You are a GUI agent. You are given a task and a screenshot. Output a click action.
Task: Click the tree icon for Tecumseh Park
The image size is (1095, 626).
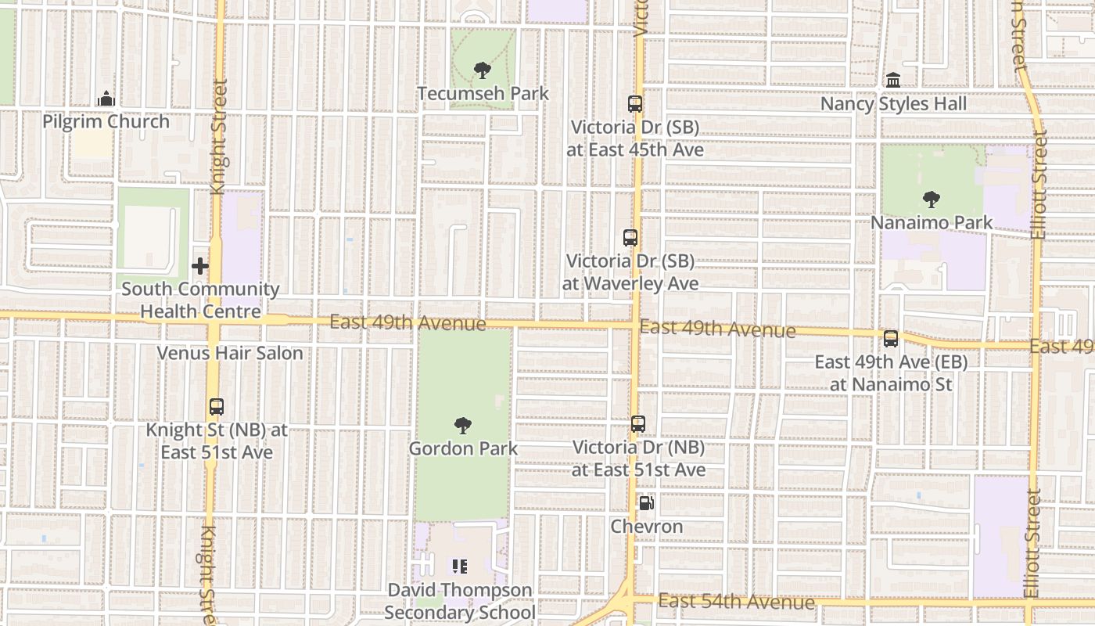[x=483, y=70]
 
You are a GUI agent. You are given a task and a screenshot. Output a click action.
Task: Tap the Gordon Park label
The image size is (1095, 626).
[x=463, y=449]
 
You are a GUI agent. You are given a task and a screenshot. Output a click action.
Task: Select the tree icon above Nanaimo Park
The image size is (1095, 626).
[x=931, y=200]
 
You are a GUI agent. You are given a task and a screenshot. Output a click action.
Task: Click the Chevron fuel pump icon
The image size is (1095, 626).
[x=646, y=503]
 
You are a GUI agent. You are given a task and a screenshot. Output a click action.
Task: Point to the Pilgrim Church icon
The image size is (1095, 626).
[x=106, y=99]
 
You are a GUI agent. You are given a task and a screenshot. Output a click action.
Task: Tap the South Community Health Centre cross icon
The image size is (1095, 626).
[x=200, y=266]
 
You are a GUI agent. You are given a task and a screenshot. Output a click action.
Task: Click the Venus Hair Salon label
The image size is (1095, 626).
[x=230, y=353]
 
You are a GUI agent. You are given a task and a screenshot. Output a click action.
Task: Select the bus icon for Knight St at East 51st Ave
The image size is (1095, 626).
[x=217, y=407]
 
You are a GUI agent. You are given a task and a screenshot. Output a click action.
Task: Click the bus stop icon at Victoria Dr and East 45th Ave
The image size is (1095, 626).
[x=635, y=103]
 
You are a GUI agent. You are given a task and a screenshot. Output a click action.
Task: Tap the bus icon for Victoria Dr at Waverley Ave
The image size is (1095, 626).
[x=630, y=238]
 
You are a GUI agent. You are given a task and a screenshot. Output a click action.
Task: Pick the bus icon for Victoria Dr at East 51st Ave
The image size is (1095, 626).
[x=638, y=424]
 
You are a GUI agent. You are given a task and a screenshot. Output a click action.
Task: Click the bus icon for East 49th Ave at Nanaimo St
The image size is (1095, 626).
[x=891, y=339]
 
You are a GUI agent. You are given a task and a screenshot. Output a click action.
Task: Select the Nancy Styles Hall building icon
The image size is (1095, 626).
[x=893, y=81]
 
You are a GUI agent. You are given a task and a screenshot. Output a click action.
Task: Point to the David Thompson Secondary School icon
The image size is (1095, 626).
[x=459, y=566]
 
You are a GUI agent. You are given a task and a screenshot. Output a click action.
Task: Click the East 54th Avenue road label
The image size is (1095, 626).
[x=736, y=602]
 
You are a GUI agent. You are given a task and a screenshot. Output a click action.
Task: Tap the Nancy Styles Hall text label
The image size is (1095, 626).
[x=893, y=104]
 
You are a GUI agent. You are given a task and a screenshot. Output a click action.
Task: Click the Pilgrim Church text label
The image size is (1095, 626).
[x=106, y=122]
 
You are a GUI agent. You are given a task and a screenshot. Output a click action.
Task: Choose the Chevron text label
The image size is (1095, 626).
[x=646, y=527]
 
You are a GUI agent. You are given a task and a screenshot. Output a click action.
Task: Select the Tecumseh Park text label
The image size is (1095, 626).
[x=483, y=94]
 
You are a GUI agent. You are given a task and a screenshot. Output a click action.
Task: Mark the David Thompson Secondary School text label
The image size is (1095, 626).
[x=459, y=601]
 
